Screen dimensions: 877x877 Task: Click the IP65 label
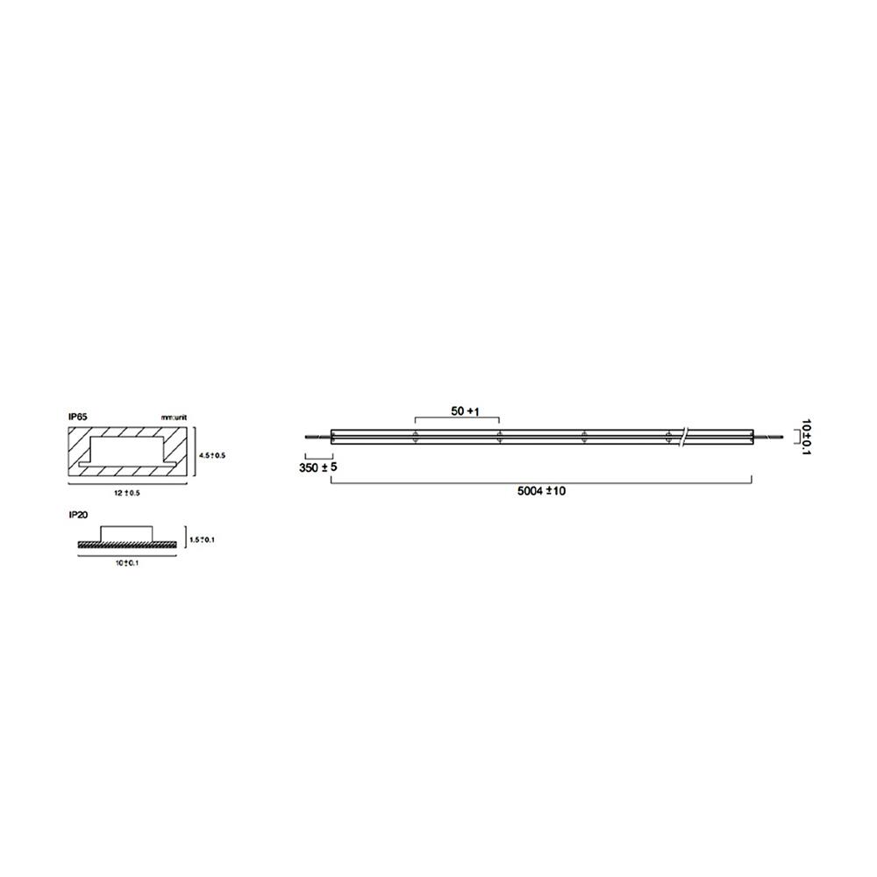78,417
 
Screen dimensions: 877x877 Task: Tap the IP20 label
78,515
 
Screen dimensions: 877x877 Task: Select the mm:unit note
174,417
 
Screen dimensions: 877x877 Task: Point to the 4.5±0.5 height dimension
212,456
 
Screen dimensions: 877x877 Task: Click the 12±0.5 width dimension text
127,493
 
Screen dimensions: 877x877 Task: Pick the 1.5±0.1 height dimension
202,539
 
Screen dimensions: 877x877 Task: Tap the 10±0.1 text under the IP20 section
127,563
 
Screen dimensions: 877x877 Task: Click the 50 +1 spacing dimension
466,411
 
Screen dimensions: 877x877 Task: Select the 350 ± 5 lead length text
318,467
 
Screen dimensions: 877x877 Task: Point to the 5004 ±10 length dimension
541,491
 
